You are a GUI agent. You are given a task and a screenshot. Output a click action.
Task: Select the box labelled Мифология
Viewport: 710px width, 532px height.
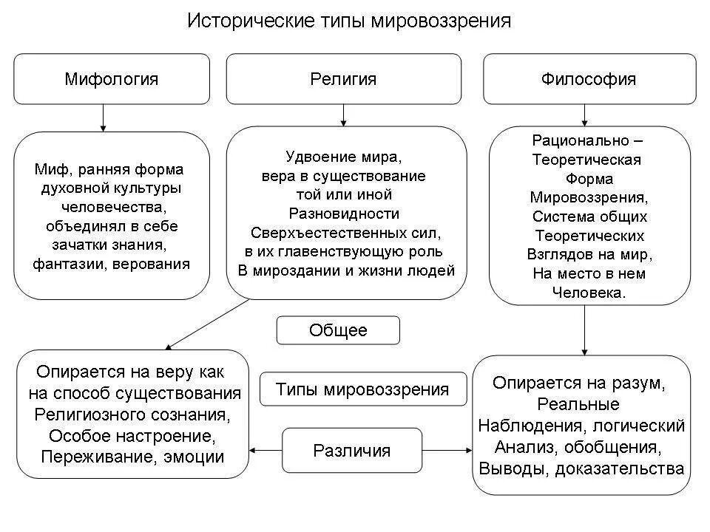pos(112,78)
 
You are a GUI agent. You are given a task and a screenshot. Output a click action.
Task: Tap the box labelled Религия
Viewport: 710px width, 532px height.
pos(342,78)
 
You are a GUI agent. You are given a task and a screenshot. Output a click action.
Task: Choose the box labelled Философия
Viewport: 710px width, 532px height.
pos(589,78)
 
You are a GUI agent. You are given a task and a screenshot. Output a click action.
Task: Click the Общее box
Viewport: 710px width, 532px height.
pos(338,330)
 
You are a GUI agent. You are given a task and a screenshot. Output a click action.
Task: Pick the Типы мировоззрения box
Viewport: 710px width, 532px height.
pos(362,389)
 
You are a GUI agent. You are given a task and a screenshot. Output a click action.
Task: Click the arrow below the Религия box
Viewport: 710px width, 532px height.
pos(342,115)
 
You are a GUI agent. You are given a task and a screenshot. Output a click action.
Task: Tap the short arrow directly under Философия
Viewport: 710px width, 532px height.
pos(585,115)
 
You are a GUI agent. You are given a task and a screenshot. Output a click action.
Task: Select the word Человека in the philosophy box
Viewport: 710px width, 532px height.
pos(589,293)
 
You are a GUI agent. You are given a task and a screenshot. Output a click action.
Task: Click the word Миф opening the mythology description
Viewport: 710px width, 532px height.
pos(48,169)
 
